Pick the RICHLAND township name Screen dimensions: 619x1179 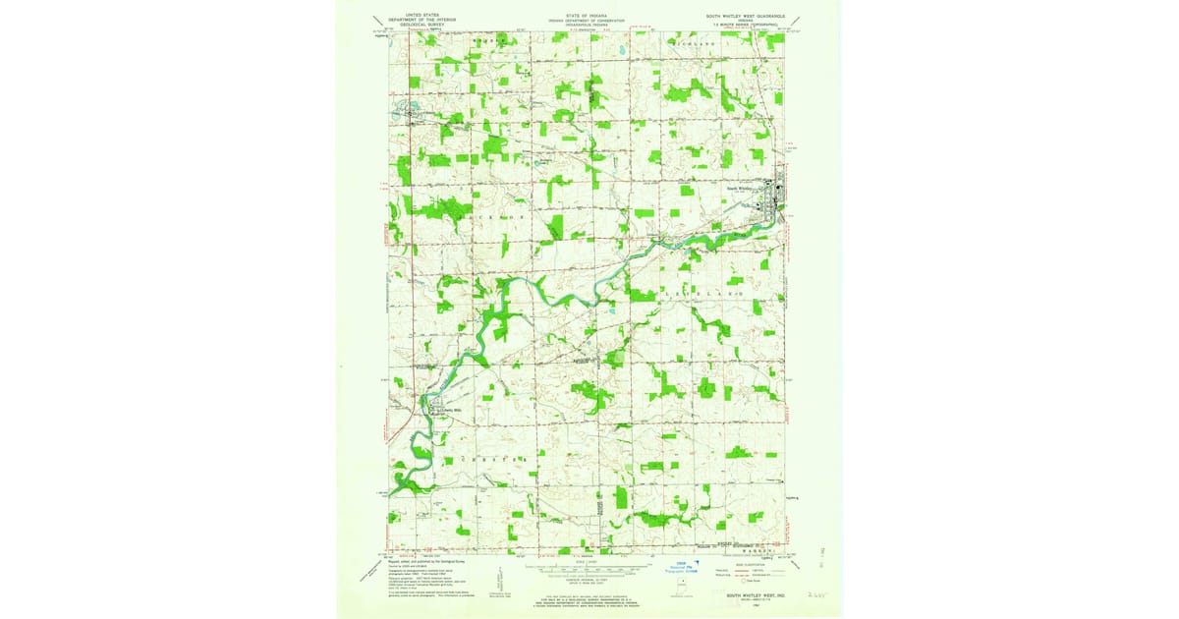pyautogui.click(x=698, y=45)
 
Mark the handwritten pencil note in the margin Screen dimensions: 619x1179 pyautogui.click(x=814, y=594)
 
